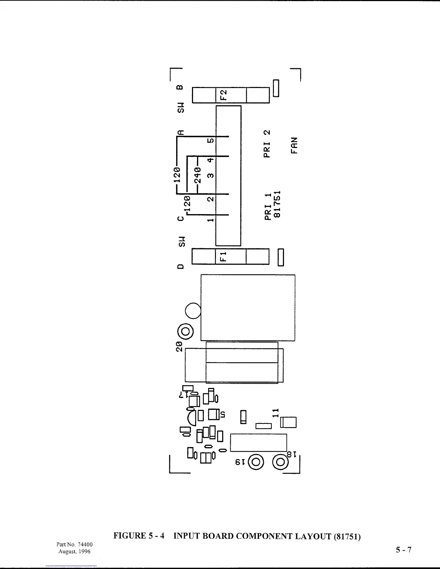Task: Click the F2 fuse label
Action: click(223, 95)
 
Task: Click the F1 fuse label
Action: click(223, 256)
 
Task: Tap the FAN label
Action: click(294, 145)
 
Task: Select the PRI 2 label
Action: click(267, 144)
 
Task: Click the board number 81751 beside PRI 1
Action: click(277, 204)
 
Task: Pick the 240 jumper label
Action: click(197, 175)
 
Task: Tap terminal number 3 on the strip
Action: click(211, 176)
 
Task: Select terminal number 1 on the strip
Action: click(211, 219)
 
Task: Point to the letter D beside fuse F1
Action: click(180, 267)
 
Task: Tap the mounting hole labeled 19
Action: click(256, 462)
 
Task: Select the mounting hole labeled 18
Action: click(280, 462)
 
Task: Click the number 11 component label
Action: click(276, 412)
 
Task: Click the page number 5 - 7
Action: click(403, 550)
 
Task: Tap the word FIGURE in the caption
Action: click(129, 536)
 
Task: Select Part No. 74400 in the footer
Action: click(75, 545)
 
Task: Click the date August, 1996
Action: click(75, 551)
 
